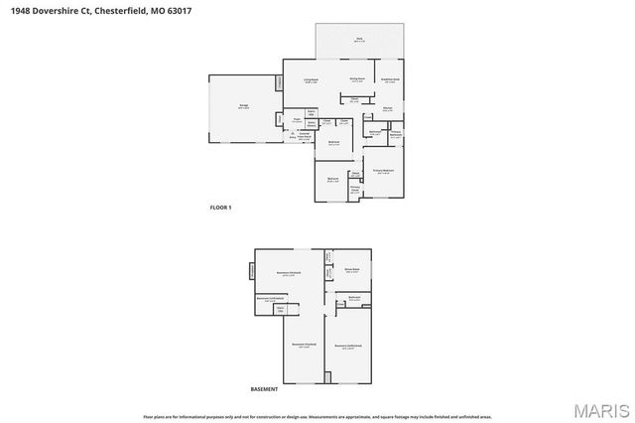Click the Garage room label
[x=243, y=105]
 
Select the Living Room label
[x=311, y=80]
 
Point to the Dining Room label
[x=358, y=78]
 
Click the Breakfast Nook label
[x=390, y=78]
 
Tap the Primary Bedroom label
[x=384, y=171]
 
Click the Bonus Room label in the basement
[x=351, y=269]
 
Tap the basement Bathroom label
[x=354, y=298]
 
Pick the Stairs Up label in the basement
[x=280, y=309]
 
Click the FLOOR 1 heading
[x=220, y=207]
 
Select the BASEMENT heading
[x=264, y=389]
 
